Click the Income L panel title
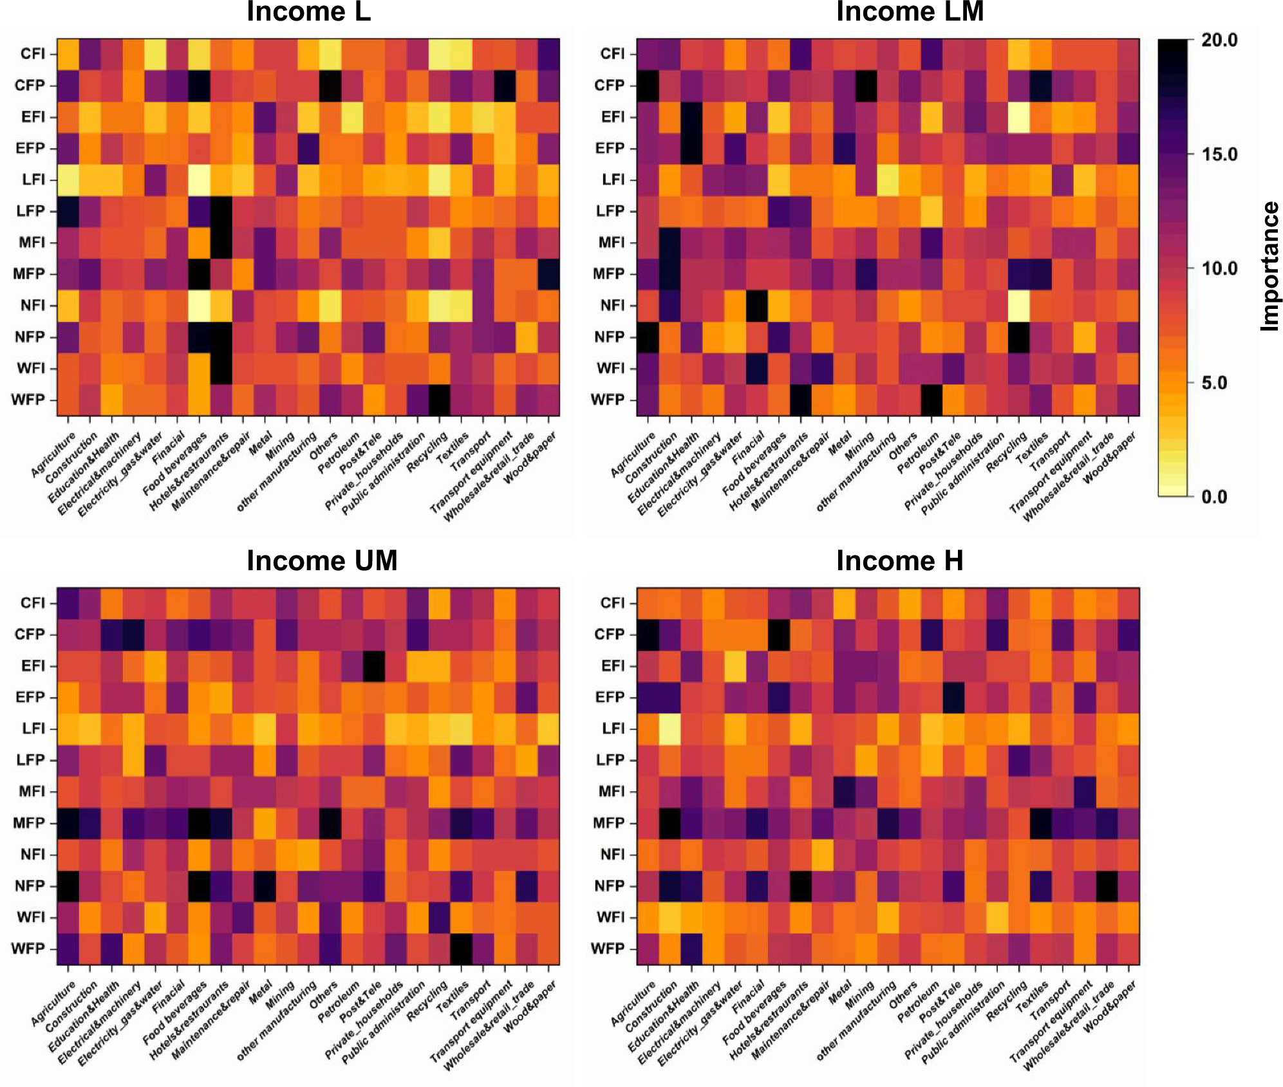coord(308,12)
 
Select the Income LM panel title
coord(909,12)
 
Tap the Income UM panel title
coord(322,561)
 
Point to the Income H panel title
coord(899,561)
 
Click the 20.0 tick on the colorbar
coord(1219,40)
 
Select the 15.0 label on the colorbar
coord(1219,154)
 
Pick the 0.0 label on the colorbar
coord(1214,497)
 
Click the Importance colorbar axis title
coord(1269,266)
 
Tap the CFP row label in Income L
coord(30,86)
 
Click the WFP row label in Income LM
coord(608,400)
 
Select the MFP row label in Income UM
coord(29,823)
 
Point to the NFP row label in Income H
coord(609,886)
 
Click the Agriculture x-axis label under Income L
coord(54,454)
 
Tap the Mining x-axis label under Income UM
coord(281,997)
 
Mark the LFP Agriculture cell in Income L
coord(68,211)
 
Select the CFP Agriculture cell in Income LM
coord(648,86)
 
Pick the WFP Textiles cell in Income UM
coord(461,949)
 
